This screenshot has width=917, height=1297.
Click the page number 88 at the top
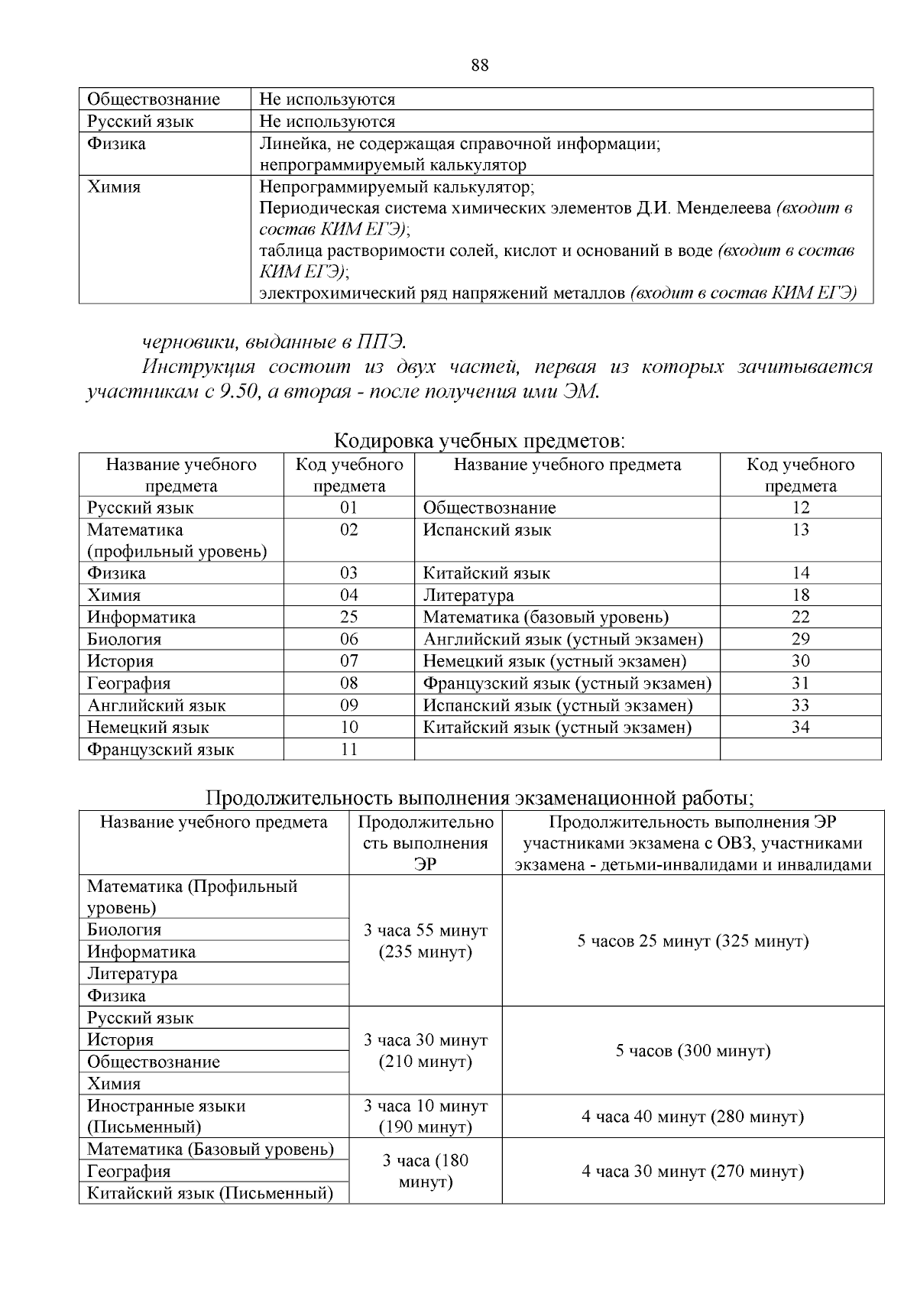coord(480,66)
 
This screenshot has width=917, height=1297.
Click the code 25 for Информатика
coord(348,617)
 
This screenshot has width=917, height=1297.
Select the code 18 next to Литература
coord(800,595)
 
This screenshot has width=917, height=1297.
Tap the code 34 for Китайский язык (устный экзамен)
coord(800,727)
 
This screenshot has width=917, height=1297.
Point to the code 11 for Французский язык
coord(348,749)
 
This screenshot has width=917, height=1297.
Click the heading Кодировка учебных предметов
coord(480,441)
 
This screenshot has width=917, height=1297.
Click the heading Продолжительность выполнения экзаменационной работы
coord(480,799)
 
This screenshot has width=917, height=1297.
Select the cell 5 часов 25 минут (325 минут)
coord(692,941)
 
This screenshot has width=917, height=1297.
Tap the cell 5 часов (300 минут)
coord(692,1051)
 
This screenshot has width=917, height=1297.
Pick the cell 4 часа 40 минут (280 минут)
coord(692,1117)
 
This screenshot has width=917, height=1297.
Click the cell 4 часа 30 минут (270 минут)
coord(692,1172)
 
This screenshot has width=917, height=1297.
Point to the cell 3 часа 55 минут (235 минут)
coord(425,941)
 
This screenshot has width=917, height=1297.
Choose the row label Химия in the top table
coord(114,187)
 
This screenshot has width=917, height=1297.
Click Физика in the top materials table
coord(116,144)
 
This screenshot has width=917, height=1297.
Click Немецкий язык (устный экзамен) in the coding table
coord(555,661)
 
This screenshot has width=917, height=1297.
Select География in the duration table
coord(128,1172)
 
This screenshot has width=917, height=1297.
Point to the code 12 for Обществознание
coord(800,507)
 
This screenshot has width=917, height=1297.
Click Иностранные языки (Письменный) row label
coord(166,1116)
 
